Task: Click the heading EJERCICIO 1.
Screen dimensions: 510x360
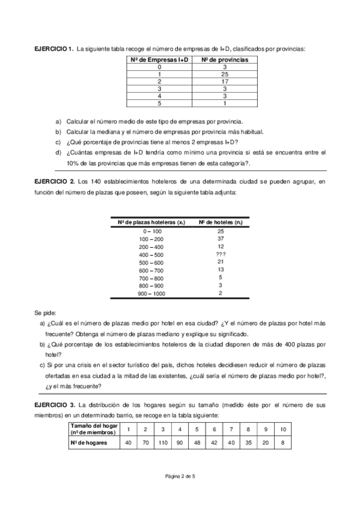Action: [53, 48]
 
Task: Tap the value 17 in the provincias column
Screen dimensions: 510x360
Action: [225, 81]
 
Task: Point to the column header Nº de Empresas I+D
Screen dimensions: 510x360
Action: [158, 60]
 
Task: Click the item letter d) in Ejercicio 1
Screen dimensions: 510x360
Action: [58, 153]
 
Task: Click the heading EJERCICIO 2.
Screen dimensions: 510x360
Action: [54, 182]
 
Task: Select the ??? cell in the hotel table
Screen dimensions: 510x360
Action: [221, 254]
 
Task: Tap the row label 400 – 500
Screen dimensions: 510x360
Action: [151, 254]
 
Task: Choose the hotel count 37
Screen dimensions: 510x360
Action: [221, 238]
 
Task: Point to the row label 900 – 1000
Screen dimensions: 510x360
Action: [151, 293]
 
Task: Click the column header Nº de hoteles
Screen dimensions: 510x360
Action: [220, 223]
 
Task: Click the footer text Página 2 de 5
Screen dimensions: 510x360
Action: [180, 476]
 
